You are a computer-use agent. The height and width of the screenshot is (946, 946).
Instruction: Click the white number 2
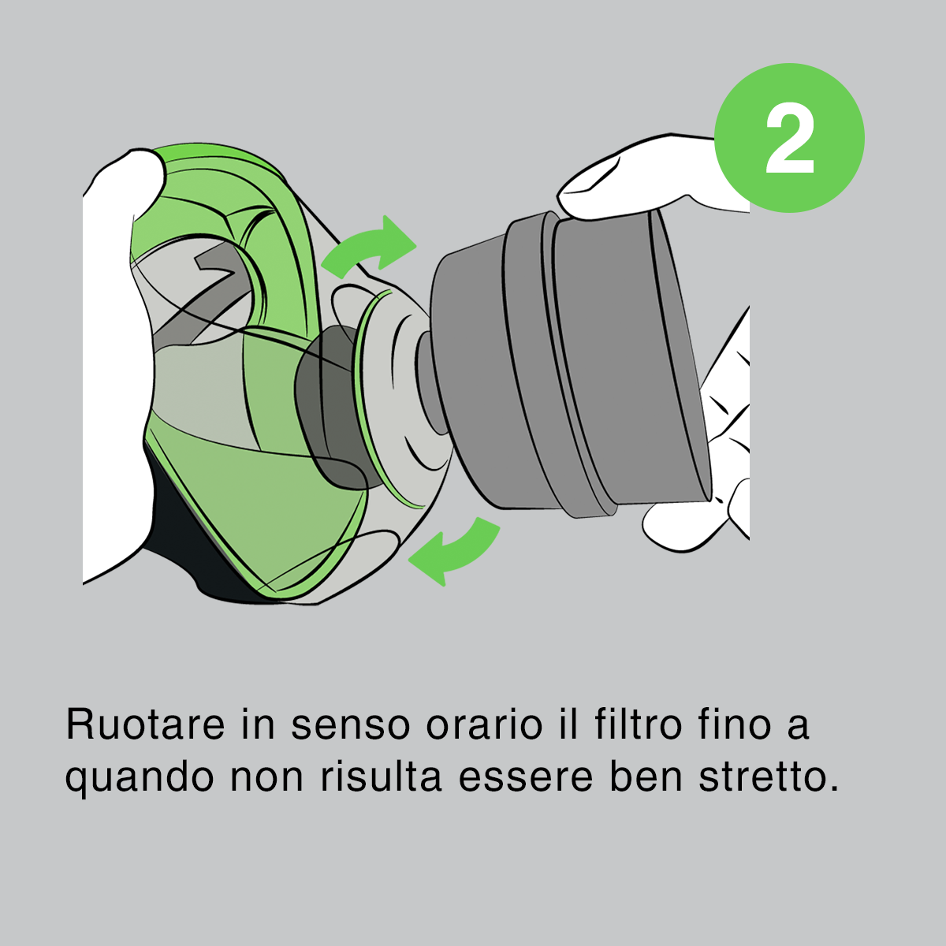point(789,138)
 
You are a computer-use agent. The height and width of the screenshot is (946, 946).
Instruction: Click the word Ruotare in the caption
point(145,724)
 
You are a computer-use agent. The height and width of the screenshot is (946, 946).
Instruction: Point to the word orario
point(483,724)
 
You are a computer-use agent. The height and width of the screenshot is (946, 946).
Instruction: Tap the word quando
point(140,779)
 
